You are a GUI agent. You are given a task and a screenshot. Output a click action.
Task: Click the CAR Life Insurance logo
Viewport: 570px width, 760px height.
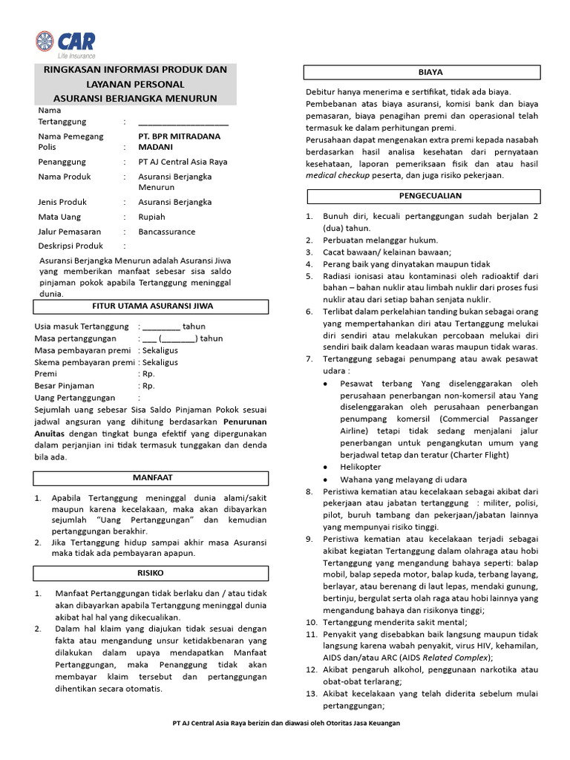click(65, 45)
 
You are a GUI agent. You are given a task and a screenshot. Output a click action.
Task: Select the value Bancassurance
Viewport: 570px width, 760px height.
click(167, 232)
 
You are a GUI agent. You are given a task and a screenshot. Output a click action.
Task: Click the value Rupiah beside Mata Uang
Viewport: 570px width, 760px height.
click(152, 217)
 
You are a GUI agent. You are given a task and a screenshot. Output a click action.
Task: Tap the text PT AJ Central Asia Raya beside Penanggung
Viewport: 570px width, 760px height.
click(183, 162)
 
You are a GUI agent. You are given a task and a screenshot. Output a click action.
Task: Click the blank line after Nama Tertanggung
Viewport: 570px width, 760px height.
click(183, 122)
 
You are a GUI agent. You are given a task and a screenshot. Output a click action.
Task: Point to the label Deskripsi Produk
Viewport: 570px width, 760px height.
click(71, 246)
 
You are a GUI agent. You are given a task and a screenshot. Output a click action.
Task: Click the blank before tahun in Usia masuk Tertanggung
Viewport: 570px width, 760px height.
click(161, 327)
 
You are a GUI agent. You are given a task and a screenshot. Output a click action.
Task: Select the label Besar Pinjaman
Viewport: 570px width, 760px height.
click(65, 386)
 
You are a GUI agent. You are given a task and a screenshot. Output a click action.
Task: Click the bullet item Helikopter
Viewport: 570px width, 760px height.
click(360, 467)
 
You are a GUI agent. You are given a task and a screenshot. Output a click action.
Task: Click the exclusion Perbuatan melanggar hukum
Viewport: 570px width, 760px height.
click(380, 240)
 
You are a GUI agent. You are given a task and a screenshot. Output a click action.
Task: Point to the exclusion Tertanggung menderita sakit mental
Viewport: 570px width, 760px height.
click(395, 622)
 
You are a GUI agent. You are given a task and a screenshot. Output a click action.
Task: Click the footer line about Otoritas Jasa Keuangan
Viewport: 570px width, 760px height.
click(286, 723)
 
